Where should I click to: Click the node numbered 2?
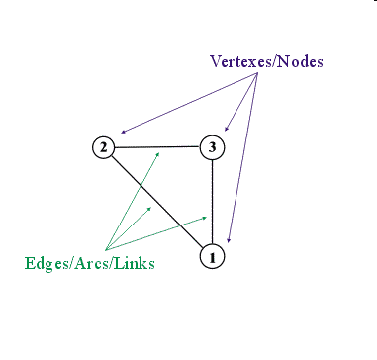click(103, 148)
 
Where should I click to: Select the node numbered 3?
click(212, 148)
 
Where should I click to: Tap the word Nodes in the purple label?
click(303, 62)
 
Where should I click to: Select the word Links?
click(136, 263)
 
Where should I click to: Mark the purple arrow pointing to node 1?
click(242, 158)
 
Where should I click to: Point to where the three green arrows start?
click(104, 249)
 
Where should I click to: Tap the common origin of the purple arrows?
click(258, 75)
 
